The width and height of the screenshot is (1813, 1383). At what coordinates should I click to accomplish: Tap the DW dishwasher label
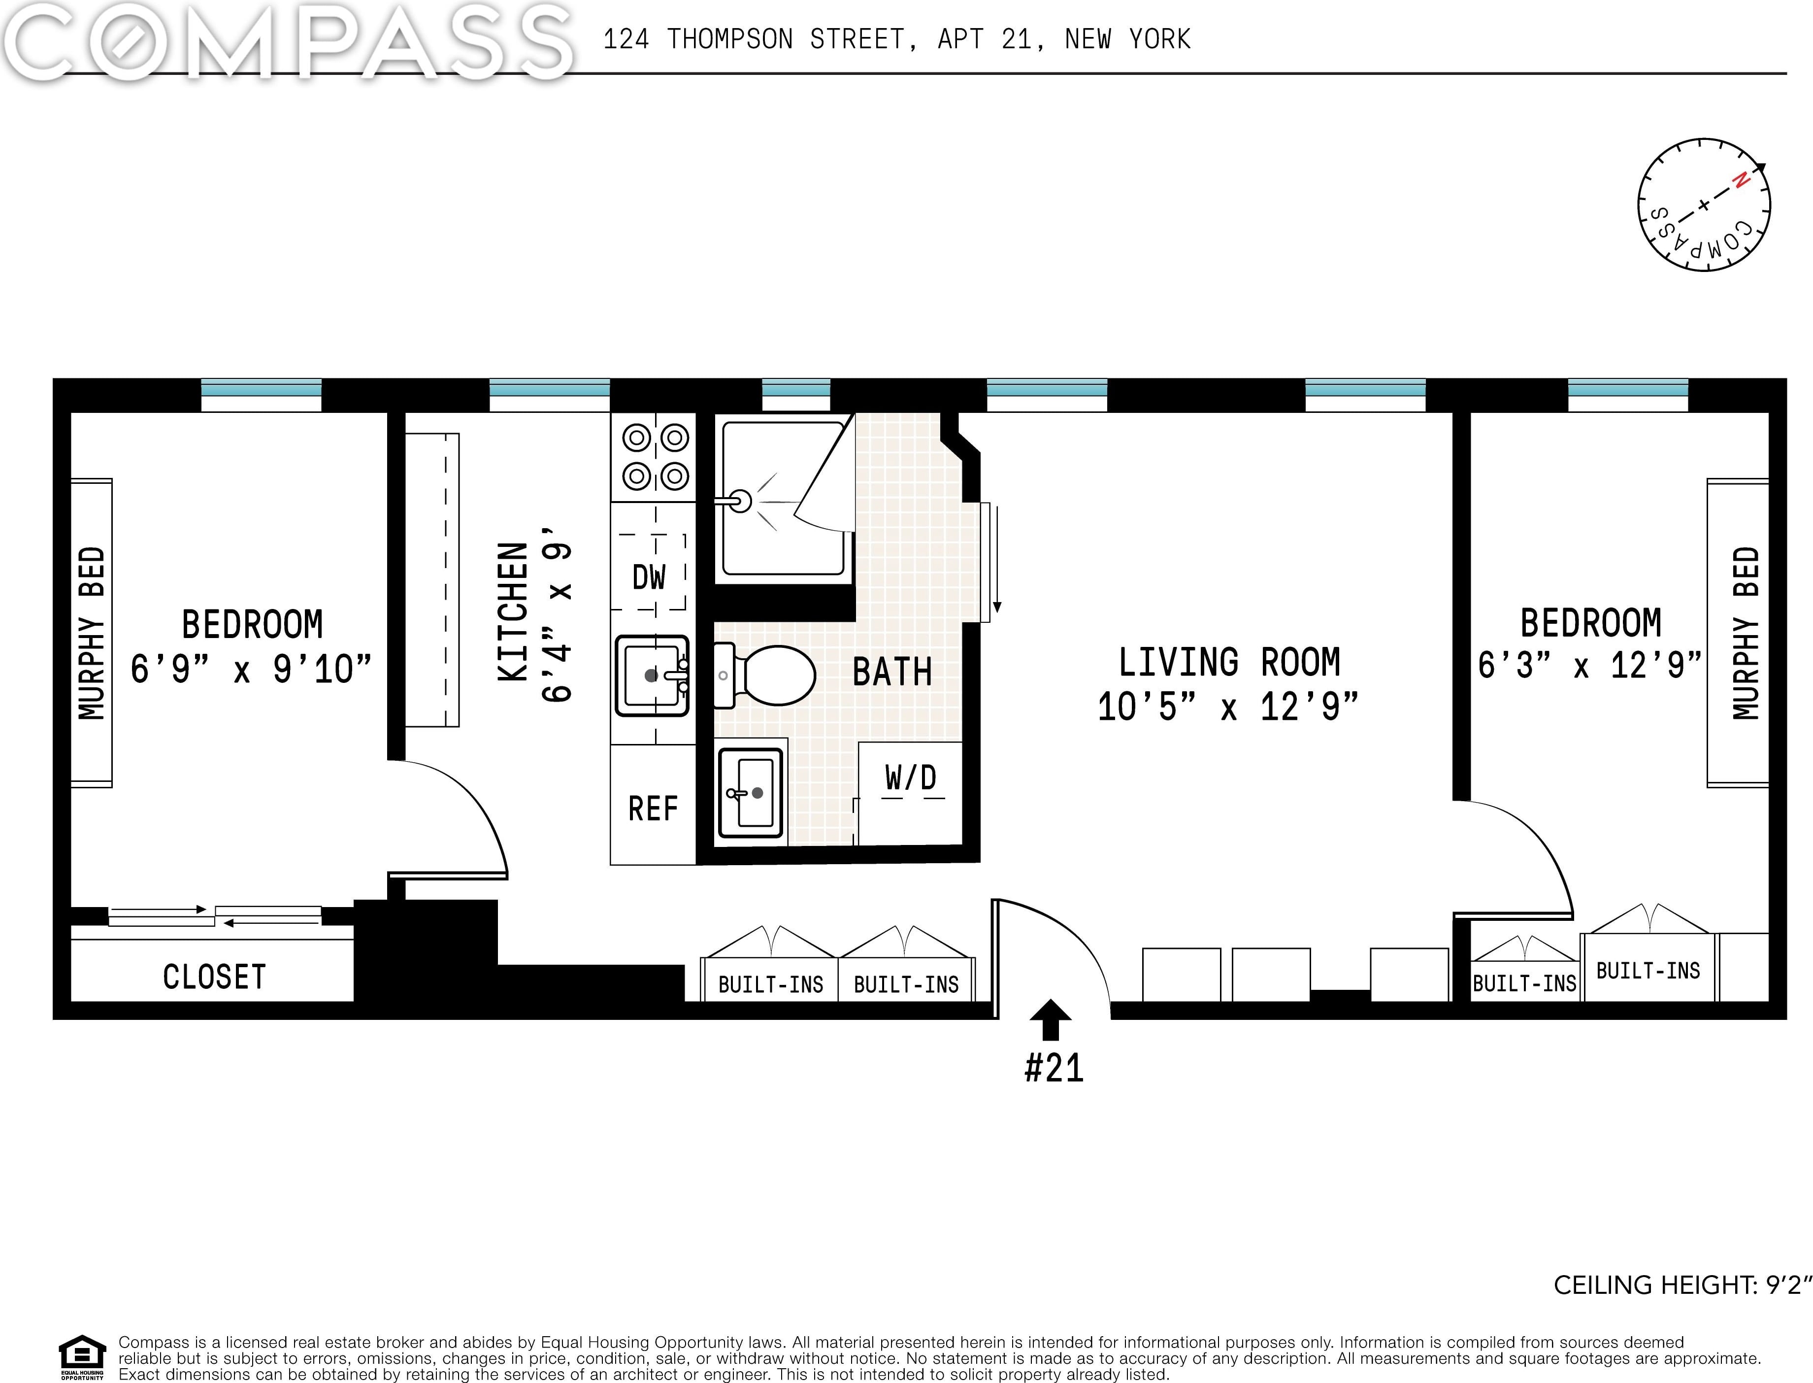[649, 577]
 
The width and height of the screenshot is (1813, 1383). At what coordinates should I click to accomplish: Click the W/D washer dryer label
[911, 777]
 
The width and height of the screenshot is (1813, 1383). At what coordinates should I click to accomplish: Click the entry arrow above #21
[1051, 1019]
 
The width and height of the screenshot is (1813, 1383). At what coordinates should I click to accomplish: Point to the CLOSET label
[214, 977]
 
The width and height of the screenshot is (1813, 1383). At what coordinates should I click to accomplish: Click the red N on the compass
[1740, 180]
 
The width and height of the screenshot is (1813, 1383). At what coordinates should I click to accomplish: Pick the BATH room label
[892, 672]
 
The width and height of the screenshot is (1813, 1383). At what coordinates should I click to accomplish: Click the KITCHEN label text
[513, 611]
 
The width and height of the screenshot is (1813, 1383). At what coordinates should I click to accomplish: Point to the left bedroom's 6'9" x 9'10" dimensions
[251, 669]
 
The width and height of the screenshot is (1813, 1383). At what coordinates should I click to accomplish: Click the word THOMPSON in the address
[730, 39]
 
